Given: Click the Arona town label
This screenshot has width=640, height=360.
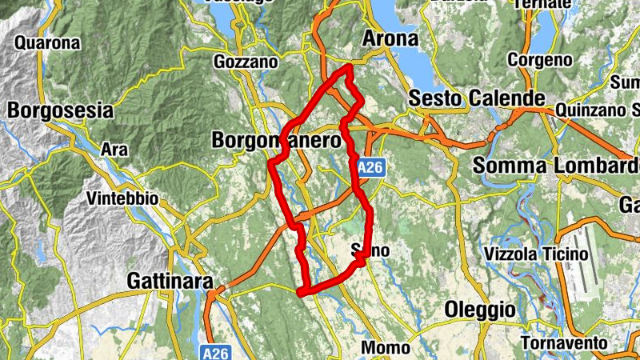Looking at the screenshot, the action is coord(390,38).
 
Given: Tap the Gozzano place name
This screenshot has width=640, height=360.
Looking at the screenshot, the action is coord(246,62).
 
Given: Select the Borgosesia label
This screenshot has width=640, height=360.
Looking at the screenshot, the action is coord(60,110).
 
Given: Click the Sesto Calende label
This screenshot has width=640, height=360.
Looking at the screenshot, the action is coord(477,98).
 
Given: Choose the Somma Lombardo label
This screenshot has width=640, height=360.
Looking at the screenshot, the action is coord(555,166).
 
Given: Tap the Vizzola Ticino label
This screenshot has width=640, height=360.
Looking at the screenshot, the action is coord(536,254).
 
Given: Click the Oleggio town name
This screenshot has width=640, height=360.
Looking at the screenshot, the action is coord(479,309).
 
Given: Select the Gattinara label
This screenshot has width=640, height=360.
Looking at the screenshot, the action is coord(170,282).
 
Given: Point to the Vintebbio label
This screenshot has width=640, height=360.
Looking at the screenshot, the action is coord(122,198).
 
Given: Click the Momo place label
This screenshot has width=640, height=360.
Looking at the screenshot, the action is coord(386,347).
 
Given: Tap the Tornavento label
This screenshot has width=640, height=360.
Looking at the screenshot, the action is coord(564,342).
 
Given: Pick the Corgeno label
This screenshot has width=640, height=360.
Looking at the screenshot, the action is coord(540,60).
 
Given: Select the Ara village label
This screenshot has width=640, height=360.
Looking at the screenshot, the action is coord(114,149).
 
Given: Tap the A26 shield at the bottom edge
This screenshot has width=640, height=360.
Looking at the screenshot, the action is coord(211,352).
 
